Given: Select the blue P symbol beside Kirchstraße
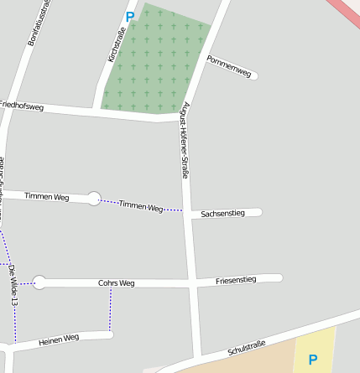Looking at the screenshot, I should coord(129,16).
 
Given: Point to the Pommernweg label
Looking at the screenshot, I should coord(229,67).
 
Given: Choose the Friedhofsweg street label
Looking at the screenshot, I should coord(21,106).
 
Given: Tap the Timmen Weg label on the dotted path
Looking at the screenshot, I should coord(140,206).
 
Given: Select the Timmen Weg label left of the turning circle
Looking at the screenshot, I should coord(46,196).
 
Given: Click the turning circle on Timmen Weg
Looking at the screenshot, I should coord(94,199).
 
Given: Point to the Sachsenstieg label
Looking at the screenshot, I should coord(222,214).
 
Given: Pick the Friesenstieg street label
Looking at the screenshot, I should coord(236,279).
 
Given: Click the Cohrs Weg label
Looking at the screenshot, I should coord(116,283).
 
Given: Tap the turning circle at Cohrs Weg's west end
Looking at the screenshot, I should coord(39,282).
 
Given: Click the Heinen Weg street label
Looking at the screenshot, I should coord(59,339).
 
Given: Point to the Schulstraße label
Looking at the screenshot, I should coord(247,348).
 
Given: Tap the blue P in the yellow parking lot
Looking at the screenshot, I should coord(312,360).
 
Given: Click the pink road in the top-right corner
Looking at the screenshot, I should coord(346,12).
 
